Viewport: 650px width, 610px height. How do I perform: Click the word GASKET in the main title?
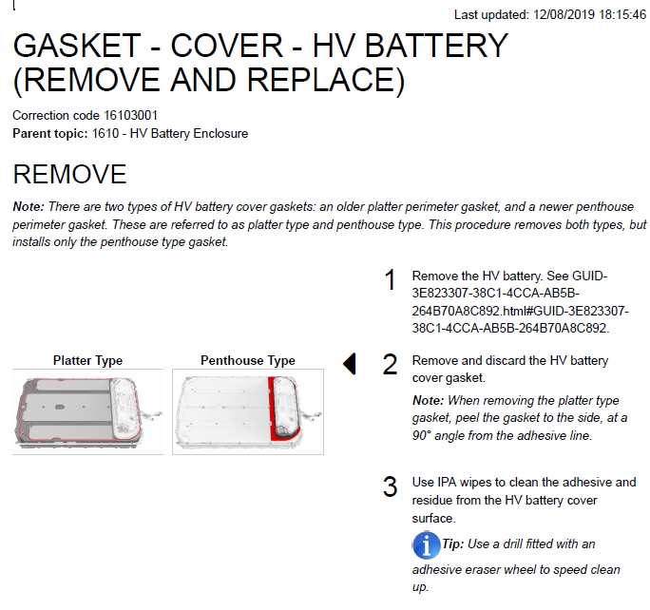[x=77, y=46]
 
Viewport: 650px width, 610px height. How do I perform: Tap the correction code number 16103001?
[x=130, y=115]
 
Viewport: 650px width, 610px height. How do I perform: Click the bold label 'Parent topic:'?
[x=50, y=133]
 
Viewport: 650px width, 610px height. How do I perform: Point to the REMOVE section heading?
[x=69, y=174]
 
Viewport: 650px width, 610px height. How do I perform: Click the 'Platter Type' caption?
[x=87, y=360]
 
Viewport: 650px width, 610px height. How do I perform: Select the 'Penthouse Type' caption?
[x=248, y=360]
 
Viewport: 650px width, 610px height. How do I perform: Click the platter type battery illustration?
[x=87, y=412]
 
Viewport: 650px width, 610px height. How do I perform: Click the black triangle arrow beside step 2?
[x=350, y=364]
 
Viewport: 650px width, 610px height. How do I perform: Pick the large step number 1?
[x=390, y=280]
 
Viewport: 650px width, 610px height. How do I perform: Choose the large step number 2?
[x=390, y=365]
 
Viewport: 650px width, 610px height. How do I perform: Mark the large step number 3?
[x=390, y=486]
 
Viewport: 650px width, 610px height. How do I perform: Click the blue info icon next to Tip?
[x=426, y=545]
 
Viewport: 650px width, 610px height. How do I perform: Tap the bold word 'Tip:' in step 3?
[x=453, y=543]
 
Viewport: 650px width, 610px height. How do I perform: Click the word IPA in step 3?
[x=447, y=483]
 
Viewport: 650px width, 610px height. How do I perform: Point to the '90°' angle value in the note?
[x=422, y=435]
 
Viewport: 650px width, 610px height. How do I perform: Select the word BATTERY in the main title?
[x=436, y=46]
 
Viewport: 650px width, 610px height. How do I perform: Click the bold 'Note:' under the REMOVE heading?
[x=29, y=206]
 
